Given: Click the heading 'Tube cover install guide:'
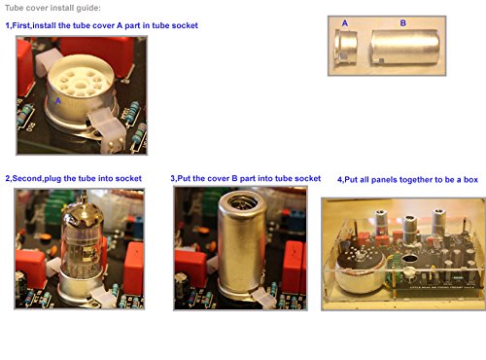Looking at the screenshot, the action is pyautogui.click(x=52, y=8).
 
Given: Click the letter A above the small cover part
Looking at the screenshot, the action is pyautogui.click(x=345, y=23).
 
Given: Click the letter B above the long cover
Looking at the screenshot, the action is pyautogui.click(x=403, y=23).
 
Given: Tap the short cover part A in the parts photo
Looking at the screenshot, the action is pyautogui.click(x=345, y=48).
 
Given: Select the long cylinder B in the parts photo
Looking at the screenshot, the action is pyautogui.click(x=405, y=48).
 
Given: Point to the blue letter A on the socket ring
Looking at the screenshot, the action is pyautogui.click(x=58, y=101).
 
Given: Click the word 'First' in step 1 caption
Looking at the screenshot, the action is pyautogui.click(x=20, y=25).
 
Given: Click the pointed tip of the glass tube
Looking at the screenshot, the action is pyautogui.click(x=85, y=192).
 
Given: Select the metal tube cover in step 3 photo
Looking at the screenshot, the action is pyautogui.click(x=241, y=245).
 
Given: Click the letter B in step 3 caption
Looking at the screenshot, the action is pyautogui.click(x=234, y=178).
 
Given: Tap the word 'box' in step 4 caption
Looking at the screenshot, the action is pyautogui.click(x=470, y=180).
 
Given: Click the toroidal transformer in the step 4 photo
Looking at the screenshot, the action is pyautogui.click(x=361, y=270).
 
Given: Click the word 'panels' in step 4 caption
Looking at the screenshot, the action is pyautogui.click(x=384, y=180).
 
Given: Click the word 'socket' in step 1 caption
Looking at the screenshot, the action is pyautogui.click(x=185, y=25).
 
